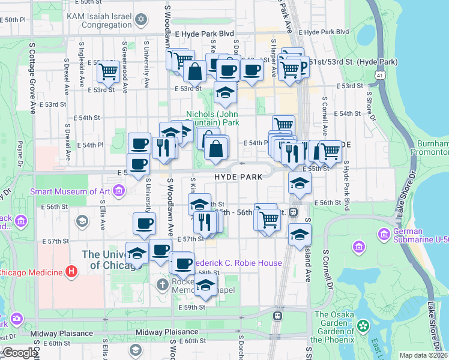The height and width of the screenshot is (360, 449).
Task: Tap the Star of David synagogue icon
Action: (142, 20)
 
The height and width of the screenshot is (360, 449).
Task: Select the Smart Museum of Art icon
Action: (119, 191)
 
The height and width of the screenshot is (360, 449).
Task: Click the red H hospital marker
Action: (71, 272)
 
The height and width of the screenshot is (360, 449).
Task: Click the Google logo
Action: (19, 353)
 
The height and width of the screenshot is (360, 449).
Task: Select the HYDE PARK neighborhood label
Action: (238, 177)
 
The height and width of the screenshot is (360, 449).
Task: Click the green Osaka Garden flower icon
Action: (363, 326)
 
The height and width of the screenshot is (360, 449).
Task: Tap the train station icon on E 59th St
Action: (277, 316)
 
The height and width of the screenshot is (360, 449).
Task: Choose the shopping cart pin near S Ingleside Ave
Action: (108, 71)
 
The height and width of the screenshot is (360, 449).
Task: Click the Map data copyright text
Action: (424, 355)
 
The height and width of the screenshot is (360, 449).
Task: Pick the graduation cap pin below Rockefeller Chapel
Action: (205, 285)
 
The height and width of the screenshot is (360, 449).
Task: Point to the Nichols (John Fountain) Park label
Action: (212, 118)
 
